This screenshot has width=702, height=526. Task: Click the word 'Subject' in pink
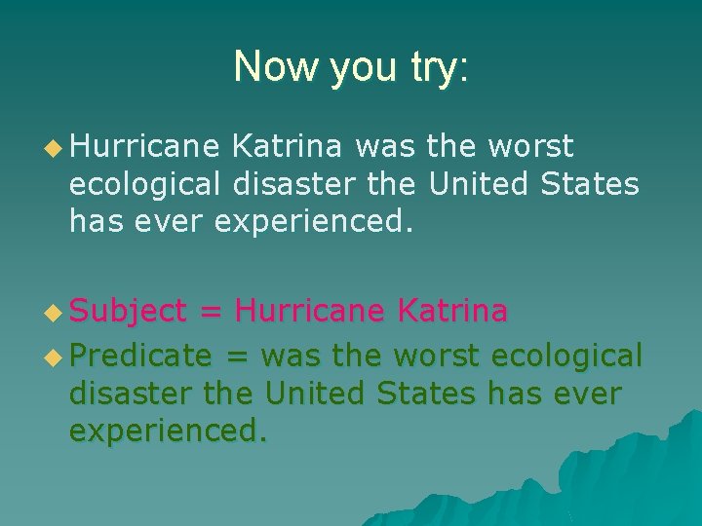click(x=128, y=312)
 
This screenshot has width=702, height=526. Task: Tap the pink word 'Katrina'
click(x=452, y=311)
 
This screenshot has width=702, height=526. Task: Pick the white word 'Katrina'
click(x=287, y=147)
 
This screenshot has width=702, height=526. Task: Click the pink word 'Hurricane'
click(x=311, y=311)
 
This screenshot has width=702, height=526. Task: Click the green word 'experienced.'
click(x=167, y=431)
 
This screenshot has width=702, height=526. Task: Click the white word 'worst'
click(x=531, y=147)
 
